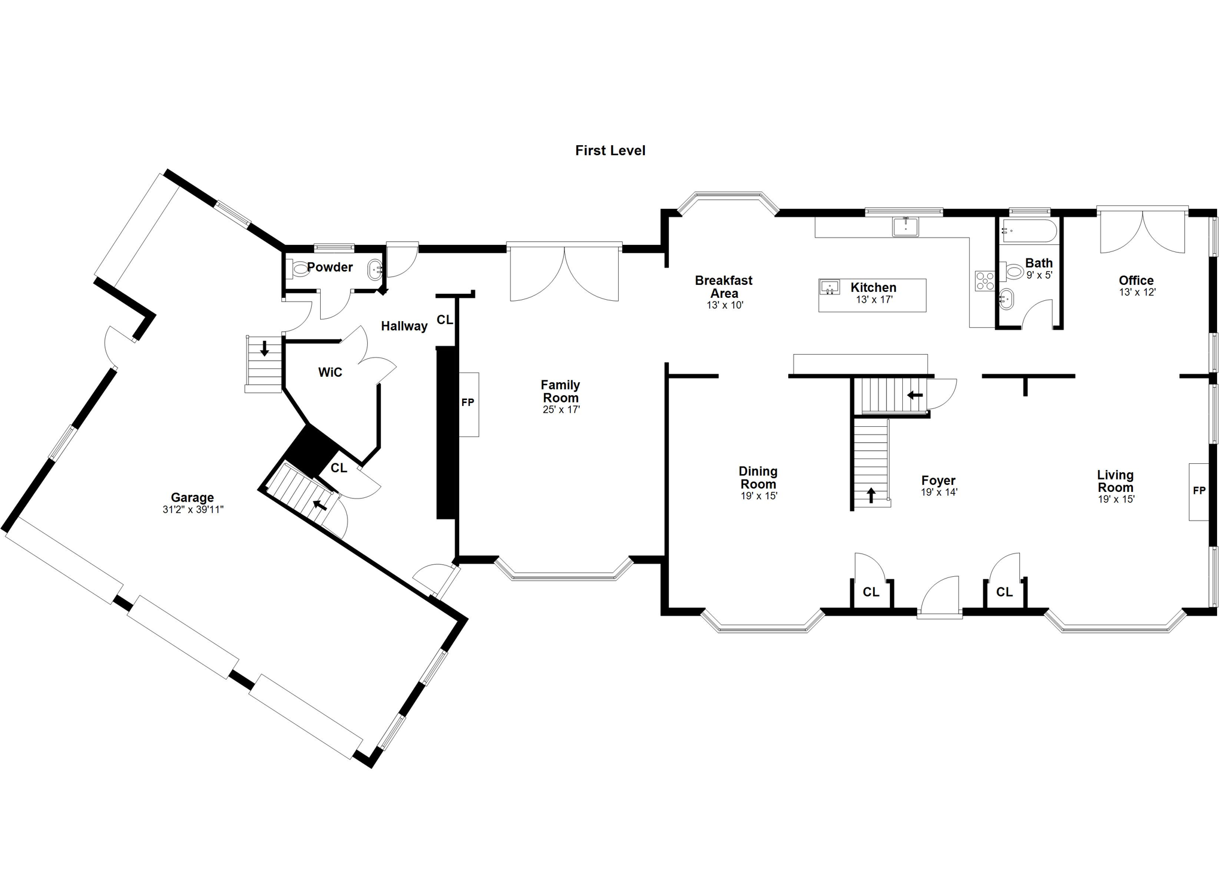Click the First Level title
click(x=610, y=150)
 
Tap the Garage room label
click(x=192, y=497)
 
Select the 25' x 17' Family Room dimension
click(x=561, y=410)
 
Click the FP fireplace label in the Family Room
click(x=468, y=403)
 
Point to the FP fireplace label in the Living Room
click(x=1199, y=491)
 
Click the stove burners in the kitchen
click(x=985, y=281)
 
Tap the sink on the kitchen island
click(x=829, y=287)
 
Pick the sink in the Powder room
click(x=375, y=270)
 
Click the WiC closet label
click(x=330, y=373)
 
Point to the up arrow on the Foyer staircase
click(x=871, y=495)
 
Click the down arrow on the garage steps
click(x=265, y=348)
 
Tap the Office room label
click(x=1136, y=280)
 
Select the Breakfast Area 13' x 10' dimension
click(x=725, y=305)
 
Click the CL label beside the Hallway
click(x=445, y=320)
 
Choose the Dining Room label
click(x=758, y=478)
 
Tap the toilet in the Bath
click(x=1014, y=272)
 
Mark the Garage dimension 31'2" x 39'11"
click(x=193, y=510)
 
